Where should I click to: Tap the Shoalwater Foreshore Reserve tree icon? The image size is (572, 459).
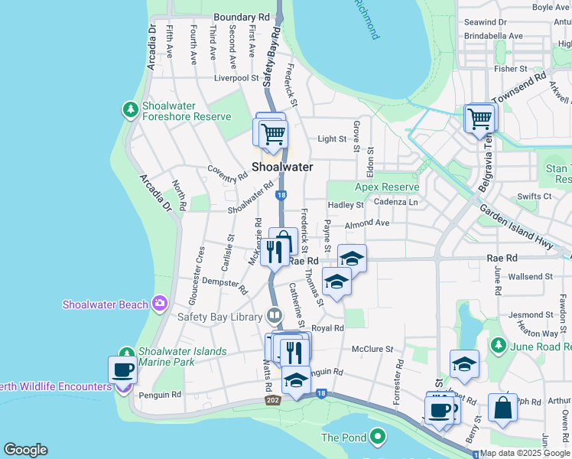tap(131, 110)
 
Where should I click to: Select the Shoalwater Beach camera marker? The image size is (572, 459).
tap(159, 304)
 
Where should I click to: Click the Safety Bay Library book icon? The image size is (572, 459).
tap(275, 315)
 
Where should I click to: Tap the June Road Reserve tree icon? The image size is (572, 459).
tap(498, 346)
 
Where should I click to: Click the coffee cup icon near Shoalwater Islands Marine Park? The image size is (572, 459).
tap(123, 371)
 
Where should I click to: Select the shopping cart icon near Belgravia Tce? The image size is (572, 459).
tap(480, 119)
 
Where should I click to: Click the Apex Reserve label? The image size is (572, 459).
tap(387, 187)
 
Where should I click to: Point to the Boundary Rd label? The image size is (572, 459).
tap(242, 16)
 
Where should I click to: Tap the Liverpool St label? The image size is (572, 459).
tap(236, 78)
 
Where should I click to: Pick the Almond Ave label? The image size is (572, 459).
tap(367, 223)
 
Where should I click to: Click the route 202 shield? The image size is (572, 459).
tap(272, 400)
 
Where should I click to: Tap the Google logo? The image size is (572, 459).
tap(25, 450)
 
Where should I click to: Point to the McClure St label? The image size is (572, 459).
tap(372, 349)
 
